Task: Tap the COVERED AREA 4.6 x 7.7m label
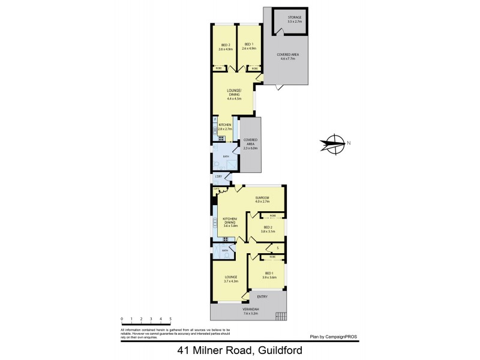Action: tap(287, 56)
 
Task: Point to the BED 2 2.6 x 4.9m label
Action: tap(226, 46)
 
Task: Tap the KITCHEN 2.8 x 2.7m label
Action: tap(224, 127)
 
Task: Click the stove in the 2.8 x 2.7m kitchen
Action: tap(221, 139)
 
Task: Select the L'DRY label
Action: tap(218, 176)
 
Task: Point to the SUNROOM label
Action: tap(262, 200)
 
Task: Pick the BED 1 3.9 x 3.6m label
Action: tap(269, 275)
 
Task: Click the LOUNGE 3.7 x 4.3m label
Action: tap(231, 279)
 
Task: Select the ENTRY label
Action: tap(262, 297)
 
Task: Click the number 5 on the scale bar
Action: tap(170, 319)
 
